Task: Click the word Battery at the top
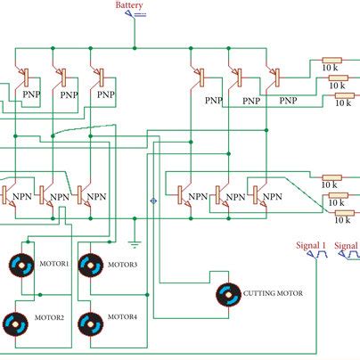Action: pos(129,6)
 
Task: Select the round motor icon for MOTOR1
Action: pos(20,265)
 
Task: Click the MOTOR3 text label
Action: pos(123,265)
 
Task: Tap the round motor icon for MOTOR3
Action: pos(90,265)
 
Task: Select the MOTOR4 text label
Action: pos(123,317)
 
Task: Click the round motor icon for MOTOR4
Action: pos(90,323)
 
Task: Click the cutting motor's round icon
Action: pos(228,293)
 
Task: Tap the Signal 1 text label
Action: pos(312,244)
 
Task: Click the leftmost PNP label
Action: pos(28,94)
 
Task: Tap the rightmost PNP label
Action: pos(288,101)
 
